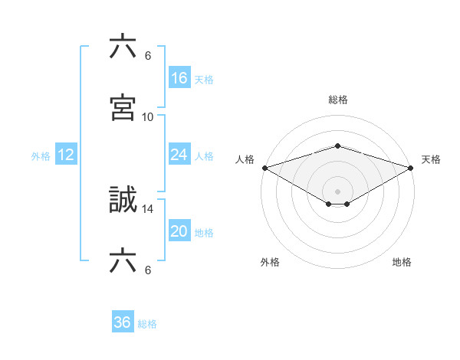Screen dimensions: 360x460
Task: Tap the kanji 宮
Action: (123, 108)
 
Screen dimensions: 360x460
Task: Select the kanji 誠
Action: (123, 201)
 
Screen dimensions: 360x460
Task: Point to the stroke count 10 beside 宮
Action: (148, 117)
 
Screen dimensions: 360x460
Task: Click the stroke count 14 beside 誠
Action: (148, 208)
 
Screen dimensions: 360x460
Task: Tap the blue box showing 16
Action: (179, 77)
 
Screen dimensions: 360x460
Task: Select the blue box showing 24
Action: (179, 155)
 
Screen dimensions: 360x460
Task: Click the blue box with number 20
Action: (179, 231)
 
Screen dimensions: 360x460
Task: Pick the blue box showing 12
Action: (66, 155)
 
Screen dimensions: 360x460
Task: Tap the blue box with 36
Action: (123, 322)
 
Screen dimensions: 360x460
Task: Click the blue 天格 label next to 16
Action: (204, 79)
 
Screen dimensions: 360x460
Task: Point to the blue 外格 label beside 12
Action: (41, 156)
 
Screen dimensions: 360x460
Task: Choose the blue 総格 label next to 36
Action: (147, 324)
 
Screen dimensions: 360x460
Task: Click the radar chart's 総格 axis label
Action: (338, 100)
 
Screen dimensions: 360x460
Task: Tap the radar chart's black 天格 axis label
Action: (431, 159)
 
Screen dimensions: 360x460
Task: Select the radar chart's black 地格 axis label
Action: (402, 262)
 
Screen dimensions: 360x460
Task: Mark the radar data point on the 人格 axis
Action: (264, 168)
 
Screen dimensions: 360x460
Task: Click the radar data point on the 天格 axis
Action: (412, 168)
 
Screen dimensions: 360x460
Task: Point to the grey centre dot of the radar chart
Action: (338, 191)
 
